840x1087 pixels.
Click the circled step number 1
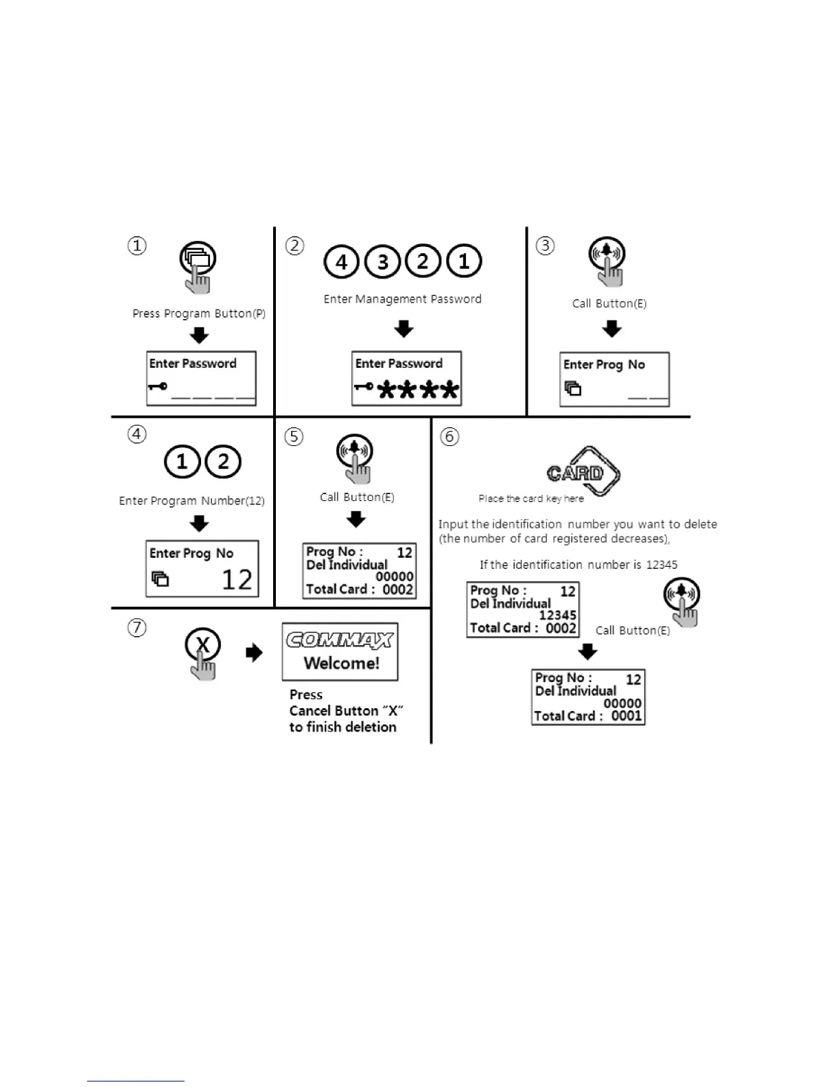pyautogui.click(x=137, y=246)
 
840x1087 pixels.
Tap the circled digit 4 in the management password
pyautogui.click(x=341, y=261)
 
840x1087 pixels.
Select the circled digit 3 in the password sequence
pyautogui.click(x=382, y=261)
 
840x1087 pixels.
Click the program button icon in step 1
pyautogui.click(x=198, y=259)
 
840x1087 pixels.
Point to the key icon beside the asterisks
pyautogui.click(x=364, y=387)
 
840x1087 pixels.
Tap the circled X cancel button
pyautogui.click(x=202, y=645)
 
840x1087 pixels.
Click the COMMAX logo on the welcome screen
pyautogui.click(x=340, y=640)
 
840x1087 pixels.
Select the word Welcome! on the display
pyautogui.click(x=341, y=663)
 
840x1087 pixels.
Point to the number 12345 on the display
pyautogui.click(x=557, y=616)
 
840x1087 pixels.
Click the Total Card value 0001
pyautogui.click(x=627, y=716)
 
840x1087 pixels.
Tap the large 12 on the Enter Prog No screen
pyautogui.click(x=237, y=580)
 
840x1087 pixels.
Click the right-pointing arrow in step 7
pyautogui.click(x=254, y=653)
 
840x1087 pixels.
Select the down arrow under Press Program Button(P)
pyautogui.click(x=199, y=336)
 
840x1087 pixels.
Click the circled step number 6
pyautogui.click(x=450, y=436)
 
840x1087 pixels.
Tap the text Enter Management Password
pyautogui.click(x=402, y=299)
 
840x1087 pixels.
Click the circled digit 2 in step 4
pyautogui.click(x=223, y=462)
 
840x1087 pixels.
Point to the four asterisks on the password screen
pyautogui.click(x=418, y=390)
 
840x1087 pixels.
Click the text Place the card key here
pyautogui.click(x=531, y=499)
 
